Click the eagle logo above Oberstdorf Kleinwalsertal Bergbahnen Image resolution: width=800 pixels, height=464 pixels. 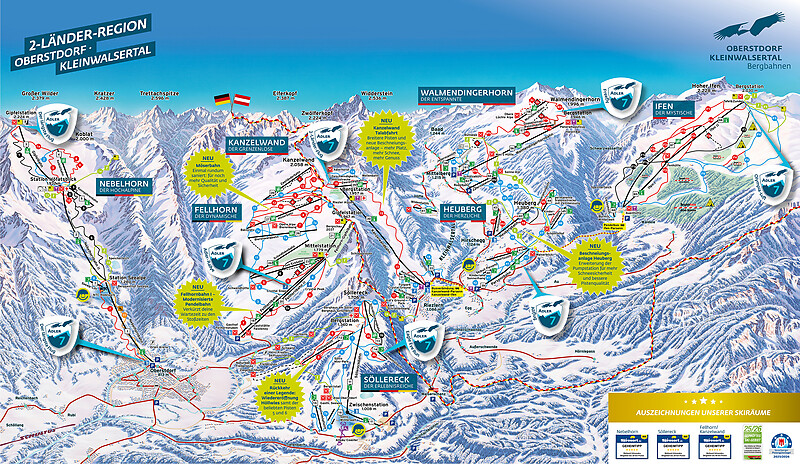(759, 31)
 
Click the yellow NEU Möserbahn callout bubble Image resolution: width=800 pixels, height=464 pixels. (210, 170)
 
